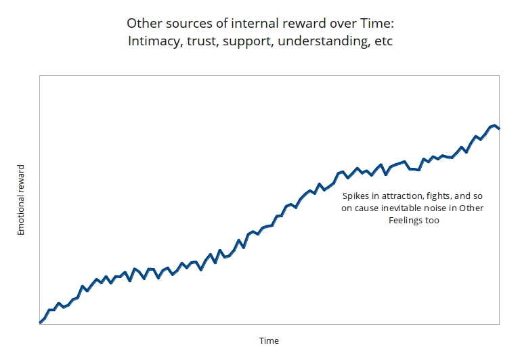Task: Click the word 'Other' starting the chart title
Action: click(x=143, y=24)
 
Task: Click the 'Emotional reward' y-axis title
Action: click(x=21, y=200)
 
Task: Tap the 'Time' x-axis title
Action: click(x=269, y=340)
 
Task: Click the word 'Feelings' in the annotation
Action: click(x=406, y=221)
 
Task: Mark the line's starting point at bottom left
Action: click(x=41, y=322)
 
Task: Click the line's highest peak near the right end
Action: click(x=495, y=125)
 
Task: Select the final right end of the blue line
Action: click(x=499, y=129)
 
